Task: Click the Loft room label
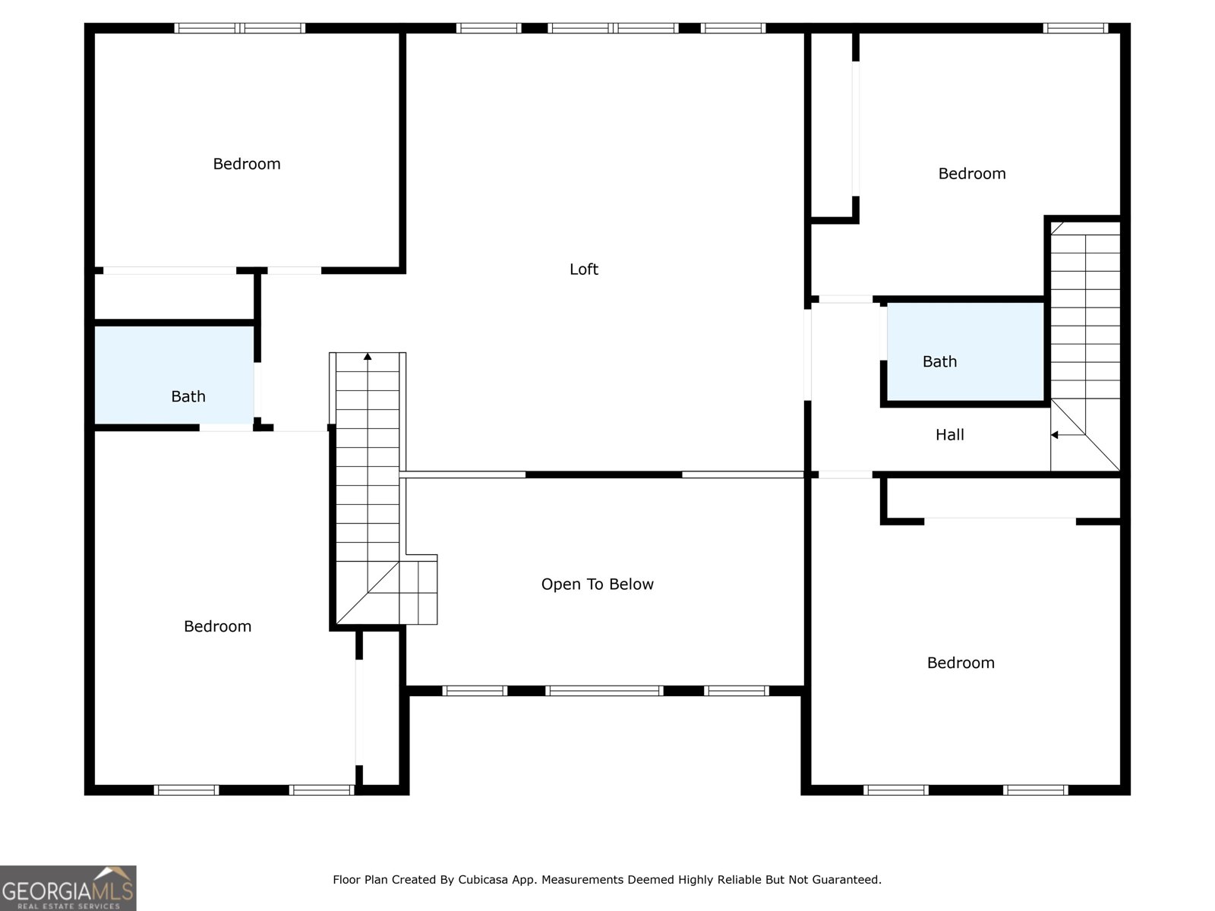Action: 583,270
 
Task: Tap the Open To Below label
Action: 597,585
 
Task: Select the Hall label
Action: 949,435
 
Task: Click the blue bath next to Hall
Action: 964,351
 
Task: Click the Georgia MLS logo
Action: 68,887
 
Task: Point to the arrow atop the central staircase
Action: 368,356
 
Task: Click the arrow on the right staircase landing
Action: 1056,435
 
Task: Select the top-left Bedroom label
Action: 246,164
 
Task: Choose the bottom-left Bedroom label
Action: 217,626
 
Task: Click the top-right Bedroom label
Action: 971,174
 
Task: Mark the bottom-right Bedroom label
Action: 960,663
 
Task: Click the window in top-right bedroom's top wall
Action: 1075,28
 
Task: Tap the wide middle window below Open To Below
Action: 604,691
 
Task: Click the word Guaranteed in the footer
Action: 845,880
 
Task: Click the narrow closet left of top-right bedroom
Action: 833,125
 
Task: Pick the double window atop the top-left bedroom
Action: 239,28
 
